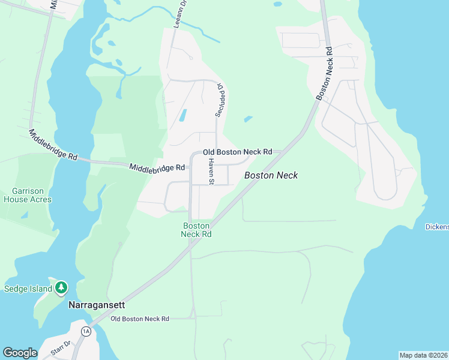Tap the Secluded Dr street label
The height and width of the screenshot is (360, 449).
point(220,100)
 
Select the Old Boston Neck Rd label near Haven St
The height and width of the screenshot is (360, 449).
point(238,152)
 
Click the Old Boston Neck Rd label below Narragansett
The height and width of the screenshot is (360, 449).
point(140,319)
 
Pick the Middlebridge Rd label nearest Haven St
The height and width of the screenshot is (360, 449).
point(157,169)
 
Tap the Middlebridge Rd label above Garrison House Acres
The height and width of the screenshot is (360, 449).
point(53,145)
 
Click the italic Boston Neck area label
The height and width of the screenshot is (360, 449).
point(271,176)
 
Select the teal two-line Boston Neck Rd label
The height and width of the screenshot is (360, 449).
point(197,230)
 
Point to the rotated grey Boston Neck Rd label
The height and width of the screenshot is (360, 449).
point(325,74)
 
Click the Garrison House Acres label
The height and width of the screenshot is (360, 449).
point(28,196)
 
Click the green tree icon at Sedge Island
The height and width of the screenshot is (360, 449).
point(61,289)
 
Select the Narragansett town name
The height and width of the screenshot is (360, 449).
point(96,305)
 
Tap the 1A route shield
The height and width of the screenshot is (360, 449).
point(86,331)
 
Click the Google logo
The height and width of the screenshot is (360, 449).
point(20,353)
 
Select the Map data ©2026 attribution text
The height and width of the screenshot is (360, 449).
point(423,355)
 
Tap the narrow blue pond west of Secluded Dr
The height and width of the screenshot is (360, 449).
point(183,115)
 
